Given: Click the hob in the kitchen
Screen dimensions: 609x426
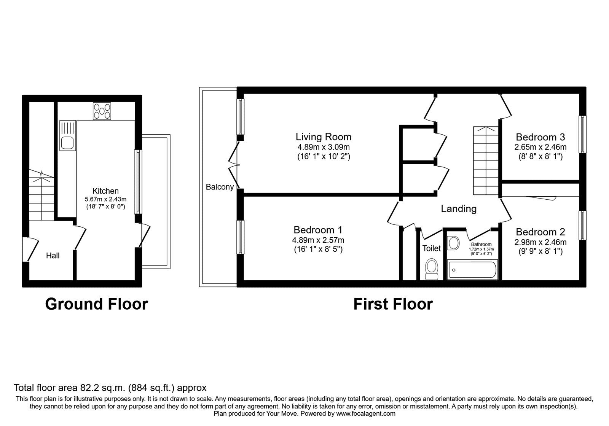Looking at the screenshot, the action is [x=102, y=111].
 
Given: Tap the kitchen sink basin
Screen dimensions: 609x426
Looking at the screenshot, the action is [x=67, y=143].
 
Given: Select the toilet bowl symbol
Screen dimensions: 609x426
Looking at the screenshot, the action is [x=432, y=269].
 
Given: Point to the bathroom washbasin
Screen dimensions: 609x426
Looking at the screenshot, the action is [x=453, y=243].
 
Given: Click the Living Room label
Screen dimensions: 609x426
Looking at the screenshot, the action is [x=324, y=137].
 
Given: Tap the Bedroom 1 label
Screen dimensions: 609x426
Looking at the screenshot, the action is [x=318, y=230].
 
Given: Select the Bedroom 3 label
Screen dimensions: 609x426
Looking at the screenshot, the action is [x=540, y=137].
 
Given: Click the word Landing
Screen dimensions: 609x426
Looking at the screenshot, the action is [x=459, y=209].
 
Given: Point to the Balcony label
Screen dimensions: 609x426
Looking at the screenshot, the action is [x=220, y=187].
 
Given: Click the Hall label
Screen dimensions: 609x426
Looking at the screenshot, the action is [x=53, y=255].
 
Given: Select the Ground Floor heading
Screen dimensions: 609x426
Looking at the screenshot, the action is [x=97, y=304].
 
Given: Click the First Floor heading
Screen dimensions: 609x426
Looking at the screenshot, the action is [x=393, y=304].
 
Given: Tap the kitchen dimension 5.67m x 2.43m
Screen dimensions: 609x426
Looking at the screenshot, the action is [x=105, y=199].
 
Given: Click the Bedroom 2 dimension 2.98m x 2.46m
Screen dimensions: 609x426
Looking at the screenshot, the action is [x=540, y=242].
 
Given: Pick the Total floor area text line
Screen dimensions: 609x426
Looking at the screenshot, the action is [x=110, y=388].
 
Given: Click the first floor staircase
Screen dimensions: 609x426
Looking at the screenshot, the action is [x=486, y=161].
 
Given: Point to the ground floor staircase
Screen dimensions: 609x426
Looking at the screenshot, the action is [x=41, y=194].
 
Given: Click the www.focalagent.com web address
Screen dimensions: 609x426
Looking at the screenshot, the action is [x=366, y=414].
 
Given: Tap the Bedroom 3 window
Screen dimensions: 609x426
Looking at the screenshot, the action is [x=582, y=134].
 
